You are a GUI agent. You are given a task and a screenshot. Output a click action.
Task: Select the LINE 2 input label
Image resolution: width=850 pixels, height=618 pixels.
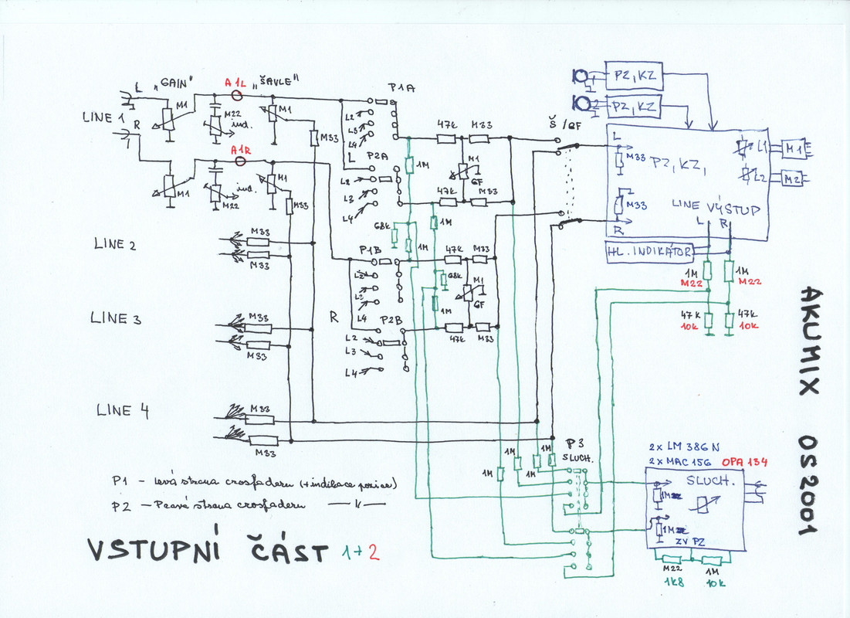point(114,245)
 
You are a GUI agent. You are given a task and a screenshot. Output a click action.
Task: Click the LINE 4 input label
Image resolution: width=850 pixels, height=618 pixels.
point(122,410)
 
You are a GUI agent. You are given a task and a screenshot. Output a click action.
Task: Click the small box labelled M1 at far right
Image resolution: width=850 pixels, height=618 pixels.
point(793,147)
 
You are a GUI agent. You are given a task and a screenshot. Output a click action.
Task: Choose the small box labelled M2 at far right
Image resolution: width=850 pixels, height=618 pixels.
point(793,179)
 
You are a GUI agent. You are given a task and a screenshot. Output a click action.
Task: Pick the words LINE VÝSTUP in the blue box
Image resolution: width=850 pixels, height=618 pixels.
point(716,208)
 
